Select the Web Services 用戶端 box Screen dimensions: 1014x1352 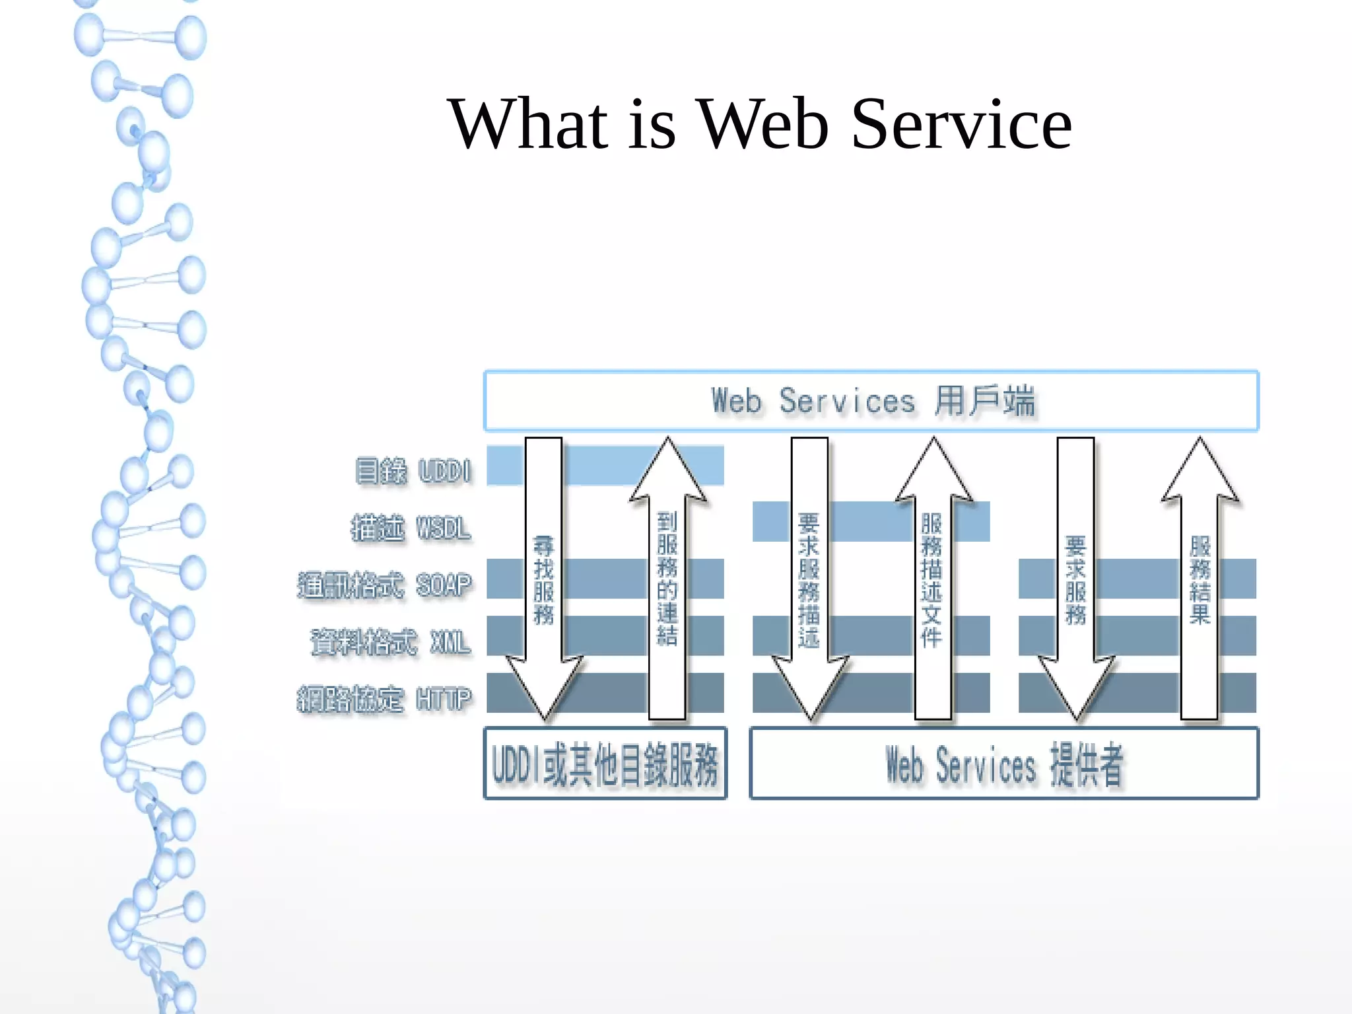pyautogui.click(x=871, y=401)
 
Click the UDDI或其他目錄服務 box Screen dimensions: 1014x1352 pyautogui.click(x=605, y=764)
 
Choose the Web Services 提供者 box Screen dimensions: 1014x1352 pyautogui.click(x=1004, y=764)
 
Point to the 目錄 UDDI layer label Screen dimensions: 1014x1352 pyautogui.click(x=413, y=471)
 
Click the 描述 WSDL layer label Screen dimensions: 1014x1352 pyautogui.click(x=411, y=528)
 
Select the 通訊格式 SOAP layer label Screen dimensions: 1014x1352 pyautogui.click(x=385, y=585)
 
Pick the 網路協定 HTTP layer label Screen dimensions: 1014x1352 pyautogui.click(x=385, y=699)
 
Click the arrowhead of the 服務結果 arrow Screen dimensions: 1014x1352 pyautogui.click(x=1200, y=472)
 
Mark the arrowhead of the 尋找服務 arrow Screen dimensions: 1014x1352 pyautogui.click(x=544, y=687)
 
